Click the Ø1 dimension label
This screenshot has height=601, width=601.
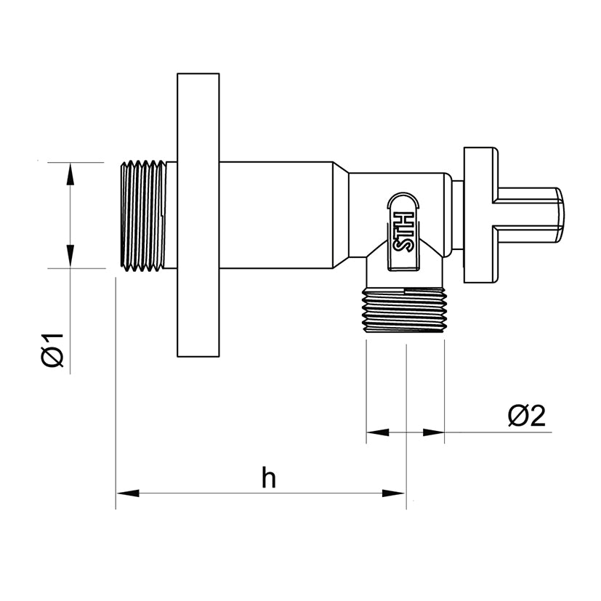point(52,350)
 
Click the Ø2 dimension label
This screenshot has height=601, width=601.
point(526,416)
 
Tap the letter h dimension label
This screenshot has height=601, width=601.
point(268,477)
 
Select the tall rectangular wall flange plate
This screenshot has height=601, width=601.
point(198,215)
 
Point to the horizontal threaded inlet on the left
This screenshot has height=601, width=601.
point(143,215)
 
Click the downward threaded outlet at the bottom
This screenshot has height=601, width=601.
point(404,310)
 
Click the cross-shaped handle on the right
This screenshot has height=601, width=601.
point(514,215)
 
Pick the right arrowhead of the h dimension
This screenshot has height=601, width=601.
point(394,493)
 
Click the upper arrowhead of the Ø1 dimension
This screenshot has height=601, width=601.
point(69,174)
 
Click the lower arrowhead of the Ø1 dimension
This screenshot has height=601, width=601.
point(69,256)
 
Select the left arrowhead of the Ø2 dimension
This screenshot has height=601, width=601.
point(378,432)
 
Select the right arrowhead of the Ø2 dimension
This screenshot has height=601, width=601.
point(433,432)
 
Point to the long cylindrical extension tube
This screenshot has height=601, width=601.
point(276,215)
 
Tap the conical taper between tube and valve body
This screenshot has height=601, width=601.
point(341,215)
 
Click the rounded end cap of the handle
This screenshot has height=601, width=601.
point(560,215)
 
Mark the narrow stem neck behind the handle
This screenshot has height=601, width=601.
point(458,215)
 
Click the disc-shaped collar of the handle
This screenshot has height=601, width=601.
point(478,215)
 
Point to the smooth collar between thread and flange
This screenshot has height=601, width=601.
point(172,215)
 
